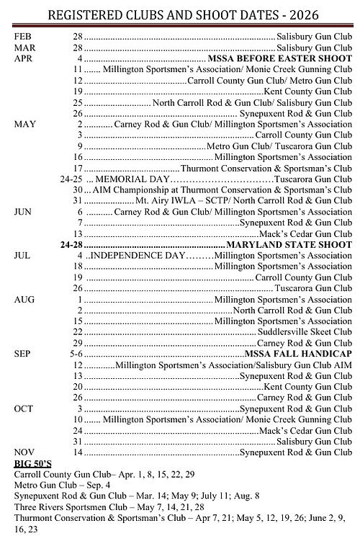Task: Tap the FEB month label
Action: point(23,35)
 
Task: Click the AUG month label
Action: point(23,299)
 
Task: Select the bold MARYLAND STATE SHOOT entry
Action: point(287,245)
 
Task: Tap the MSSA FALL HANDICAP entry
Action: point(297,354)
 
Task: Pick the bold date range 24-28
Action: point(71,245)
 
